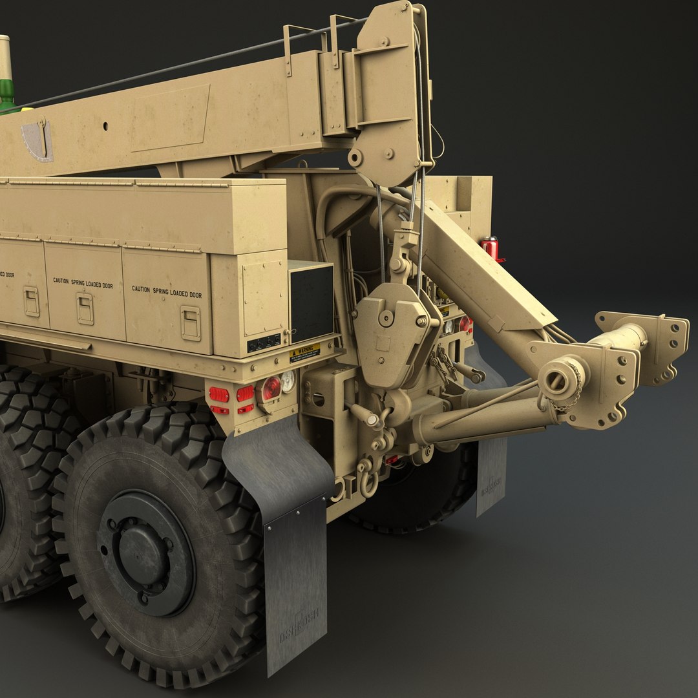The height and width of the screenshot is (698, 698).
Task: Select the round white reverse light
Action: [x=288, y=381]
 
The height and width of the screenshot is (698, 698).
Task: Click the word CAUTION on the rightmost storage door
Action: [x=141, y=289]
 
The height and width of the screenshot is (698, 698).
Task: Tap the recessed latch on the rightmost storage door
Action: [x=190, y=323]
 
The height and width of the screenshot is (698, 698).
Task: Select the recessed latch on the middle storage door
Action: [x=85, y=309]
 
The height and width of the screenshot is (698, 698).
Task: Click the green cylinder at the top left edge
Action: [x=6, y=96]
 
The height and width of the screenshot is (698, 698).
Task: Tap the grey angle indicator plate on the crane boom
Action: [x=37, y=140]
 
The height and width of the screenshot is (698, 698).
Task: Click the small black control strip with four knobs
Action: [x=264, y=343]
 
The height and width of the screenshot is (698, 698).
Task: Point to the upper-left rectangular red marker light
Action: [x=218, y=394]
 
